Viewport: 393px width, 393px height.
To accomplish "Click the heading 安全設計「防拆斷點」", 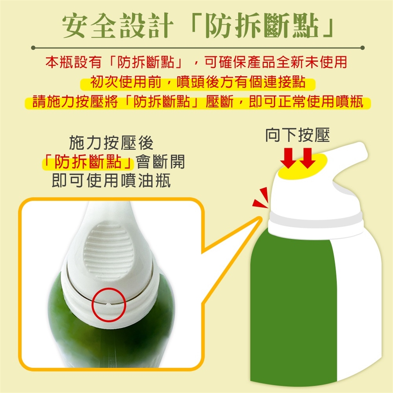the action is click(x=198, y=26).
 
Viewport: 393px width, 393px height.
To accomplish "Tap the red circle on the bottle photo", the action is click(x=108, y=289).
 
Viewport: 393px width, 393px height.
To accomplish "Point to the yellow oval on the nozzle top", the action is click(x=303, y=167).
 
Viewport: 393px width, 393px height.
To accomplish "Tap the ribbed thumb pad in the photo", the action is click(x=108, y=251).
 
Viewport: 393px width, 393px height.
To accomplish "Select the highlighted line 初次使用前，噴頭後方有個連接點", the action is click(x=197, y=82).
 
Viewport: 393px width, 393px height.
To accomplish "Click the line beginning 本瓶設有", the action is click(x=196, y=62).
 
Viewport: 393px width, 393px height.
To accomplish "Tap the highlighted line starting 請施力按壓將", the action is click(x=198, y=102).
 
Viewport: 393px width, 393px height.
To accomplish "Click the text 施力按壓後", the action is click(x=111, y=143).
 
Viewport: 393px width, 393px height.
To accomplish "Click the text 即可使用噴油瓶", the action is click(x=111, y=181).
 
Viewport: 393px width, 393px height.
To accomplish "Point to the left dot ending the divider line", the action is click(x=33, y=47).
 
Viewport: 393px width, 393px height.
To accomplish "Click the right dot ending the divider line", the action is click(x=362, y=47).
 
